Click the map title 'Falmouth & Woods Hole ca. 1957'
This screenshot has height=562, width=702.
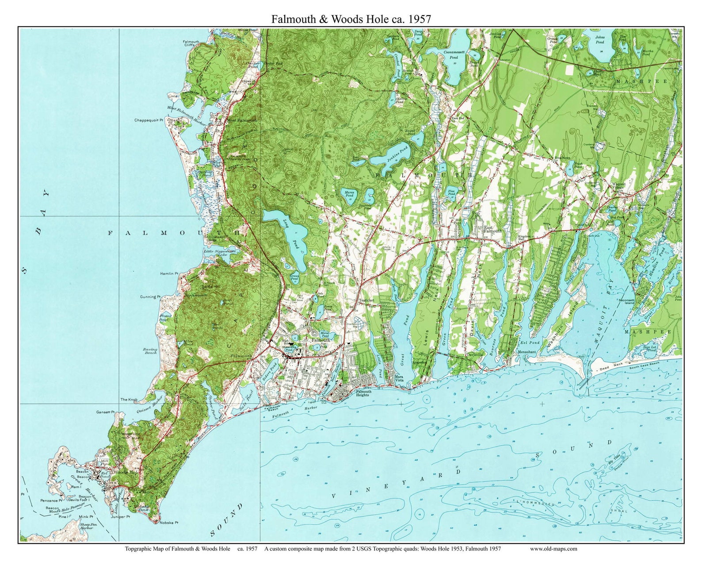pos(351,19)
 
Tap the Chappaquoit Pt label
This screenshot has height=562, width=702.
pos(149,120)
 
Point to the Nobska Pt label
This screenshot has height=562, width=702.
pos(169,522)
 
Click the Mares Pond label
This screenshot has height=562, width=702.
pos(347,194)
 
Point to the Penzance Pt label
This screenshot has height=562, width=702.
pos(50,500)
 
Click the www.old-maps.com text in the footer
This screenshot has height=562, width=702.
pos(553,549)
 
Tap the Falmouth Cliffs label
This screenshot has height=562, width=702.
pos(191,44)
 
